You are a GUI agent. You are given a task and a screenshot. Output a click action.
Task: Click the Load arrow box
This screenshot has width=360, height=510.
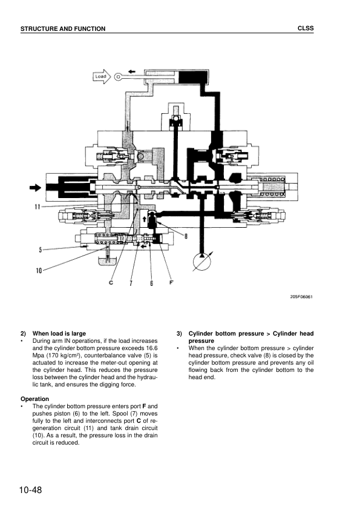[x=102, y=77]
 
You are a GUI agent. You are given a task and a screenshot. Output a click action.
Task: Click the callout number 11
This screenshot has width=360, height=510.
[x=38, y=207]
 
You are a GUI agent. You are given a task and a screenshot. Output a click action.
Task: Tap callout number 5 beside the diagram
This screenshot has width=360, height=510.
[x=41, y=250]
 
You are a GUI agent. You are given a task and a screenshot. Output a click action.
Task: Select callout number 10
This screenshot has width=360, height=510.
[x=39, y=270]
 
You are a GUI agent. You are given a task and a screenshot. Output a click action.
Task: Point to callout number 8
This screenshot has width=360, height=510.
[x=186, y=236]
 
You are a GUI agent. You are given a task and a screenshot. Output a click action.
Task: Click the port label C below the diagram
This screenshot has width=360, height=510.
[x=111, y=282]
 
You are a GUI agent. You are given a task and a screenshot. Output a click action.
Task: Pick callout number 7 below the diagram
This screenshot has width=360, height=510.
[x=131, y=283]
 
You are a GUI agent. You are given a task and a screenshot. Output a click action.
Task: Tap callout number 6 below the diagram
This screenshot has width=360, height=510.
[x=151, y=283]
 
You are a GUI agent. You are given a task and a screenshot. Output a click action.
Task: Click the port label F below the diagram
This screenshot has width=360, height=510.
[x=171, y=282]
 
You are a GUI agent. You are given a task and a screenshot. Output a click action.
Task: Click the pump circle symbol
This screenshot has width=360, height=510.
[x=201, y=262]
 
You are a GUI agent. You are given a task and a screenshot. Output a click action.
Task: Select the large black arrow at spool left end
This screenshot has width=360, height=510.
[x=36, y=187]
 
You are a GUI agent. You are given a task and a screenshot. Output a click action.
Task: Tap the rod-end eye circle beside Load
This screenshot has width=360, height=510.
[x=118, y=77]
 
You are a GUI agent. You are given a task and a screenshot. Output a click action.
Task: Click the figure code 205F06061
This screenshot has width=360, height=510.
[x=301, y=297]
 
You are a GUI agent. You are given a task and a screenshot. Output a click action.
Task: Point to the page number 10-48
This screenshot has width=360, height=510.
[x=30, y=490]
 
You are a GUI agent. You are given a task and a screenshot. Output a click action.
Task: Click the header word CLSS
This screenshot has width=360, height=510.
[x=306, y=28]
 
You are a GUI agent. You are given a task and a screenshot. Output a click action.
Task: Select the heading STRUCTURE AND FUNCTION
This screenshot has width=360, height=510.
[x=63, y=29]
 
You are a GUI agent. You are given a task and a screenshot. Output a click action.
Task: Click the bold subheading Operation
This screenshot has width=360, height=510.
[x=34, y=399]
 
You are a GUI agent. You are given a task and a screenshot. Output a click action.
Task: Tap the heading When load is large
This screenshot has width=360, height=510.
[x=59, y=333]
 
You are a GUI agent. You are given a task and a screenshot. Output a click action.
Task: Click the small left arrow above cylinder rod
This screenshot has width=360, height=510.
[x=131, y=71]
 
